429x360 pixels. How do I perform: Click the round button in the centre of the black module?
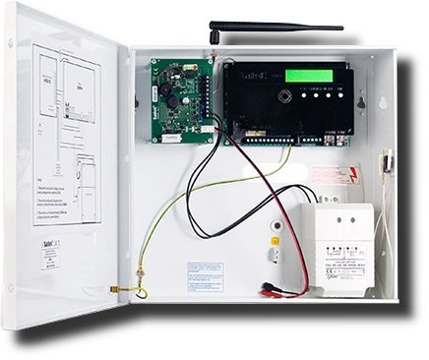[284, 97]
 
